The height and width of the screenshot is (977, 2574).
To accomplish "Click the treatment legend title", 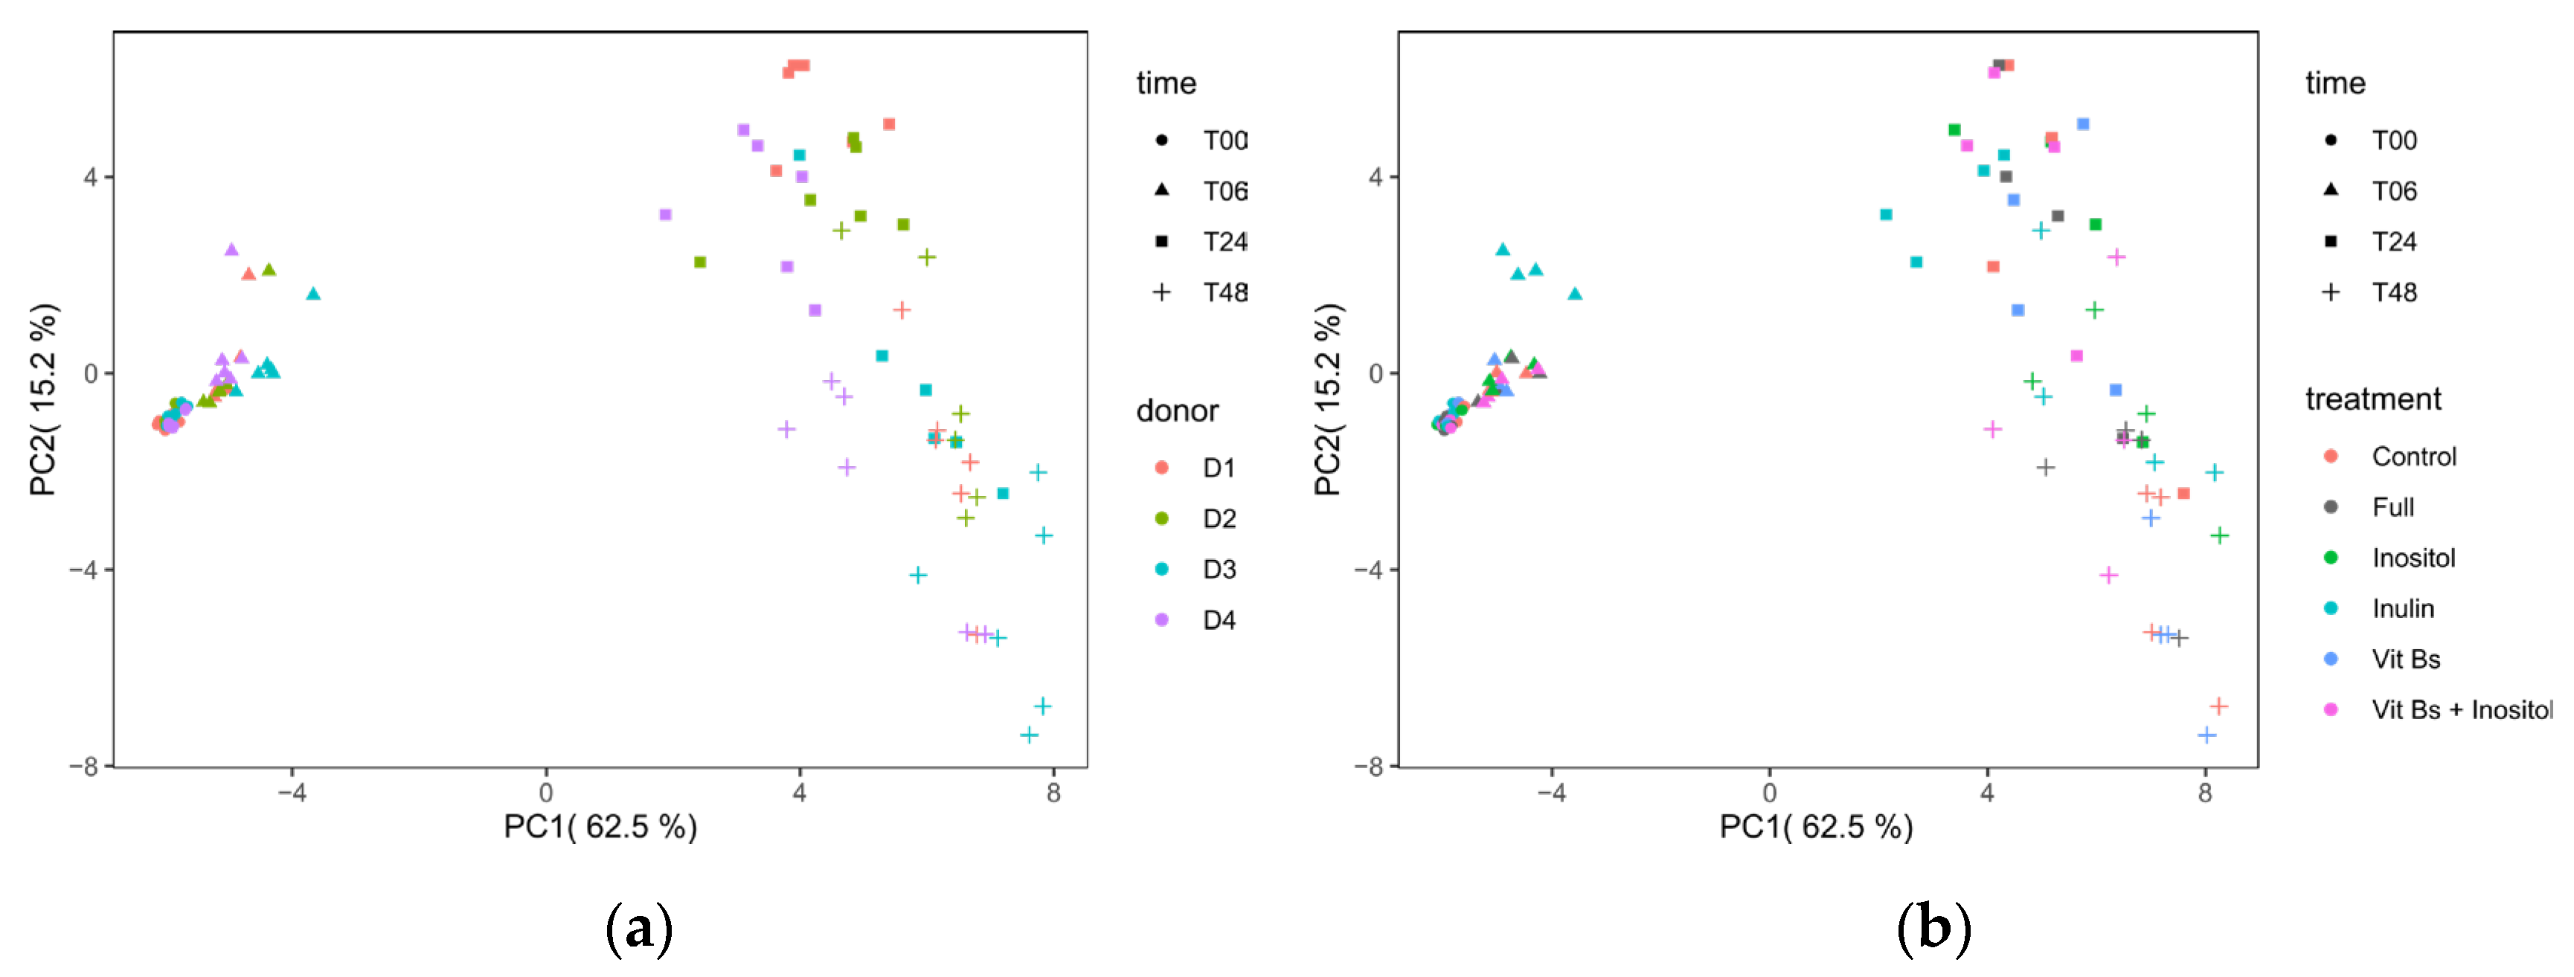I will [2372, 399].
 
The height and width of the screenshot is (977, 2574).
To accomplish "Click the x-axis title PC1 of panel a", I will [600, 827].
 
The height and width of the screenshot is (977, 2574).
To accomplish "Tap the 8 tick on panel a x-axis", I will [1053, 793].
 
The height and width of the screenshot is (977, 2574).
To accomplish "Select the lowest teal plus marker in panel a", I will [1028, 735].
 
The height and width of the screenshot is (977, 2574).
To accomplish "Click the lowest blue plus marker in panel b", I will [2207, 735].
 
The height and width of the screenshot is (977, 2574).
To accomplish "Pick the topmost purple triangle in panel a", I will [231, 250].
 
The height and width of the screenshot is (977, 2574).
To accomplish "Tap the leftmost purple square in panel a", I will [666, 215].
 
